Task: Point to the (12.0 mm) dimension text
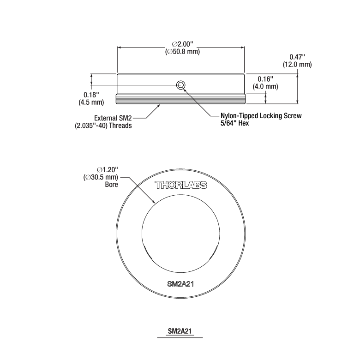point(297,65)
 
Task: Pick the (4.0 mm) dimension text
point(265,86)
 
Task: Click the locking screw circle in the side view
point(181,84)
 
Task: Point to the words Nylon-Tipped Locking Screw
point(261,116)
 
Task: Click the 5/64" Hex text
point(235,124)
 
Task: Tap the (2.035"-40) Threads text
point(103,126)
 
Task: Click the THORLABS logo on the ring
point(180,186)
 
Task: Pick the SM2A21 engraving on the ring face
point(180,284)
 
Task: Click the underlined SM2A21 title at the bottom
point(180,331)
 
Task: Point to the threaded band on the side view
point(181,99)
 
